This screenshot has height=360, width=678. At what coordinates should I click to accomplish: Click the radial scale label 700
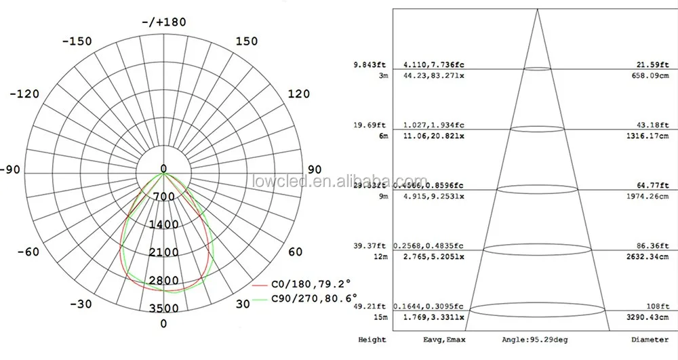pyautogui.click(x=163, y=197)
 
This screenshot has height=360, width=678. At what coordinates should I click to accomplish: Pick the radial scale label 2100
pyautogui.click(x=163, y=252)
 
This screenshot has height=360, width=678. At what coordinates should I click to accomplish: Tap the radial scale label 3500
pyautogui.click(x=163, y=308)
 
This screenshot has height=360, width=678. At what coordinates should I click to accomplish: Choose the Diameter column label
pyautogui.click(x=651, y=340)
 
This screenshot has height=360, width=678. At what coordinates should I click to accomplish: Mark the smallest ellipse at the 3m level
pyautogui.click(x=537, y=68)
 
